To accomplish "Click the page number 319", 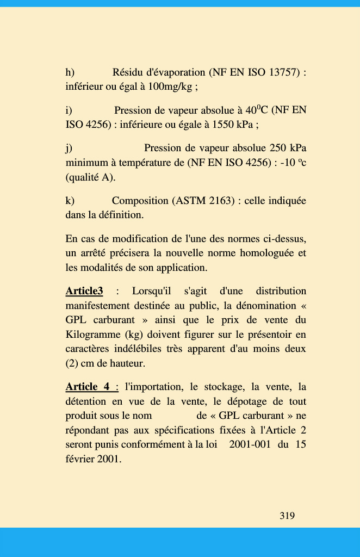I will tap(287, 515).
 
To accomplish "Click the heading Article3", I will tap(84, 291).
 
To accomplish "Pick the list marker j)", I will tap(69, 148).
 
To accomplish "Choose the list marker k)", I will tap(70, 201).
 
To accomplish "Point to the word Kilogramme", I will tap(92, 334).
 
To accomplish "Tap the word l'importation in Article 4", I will tap(154, 387).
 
